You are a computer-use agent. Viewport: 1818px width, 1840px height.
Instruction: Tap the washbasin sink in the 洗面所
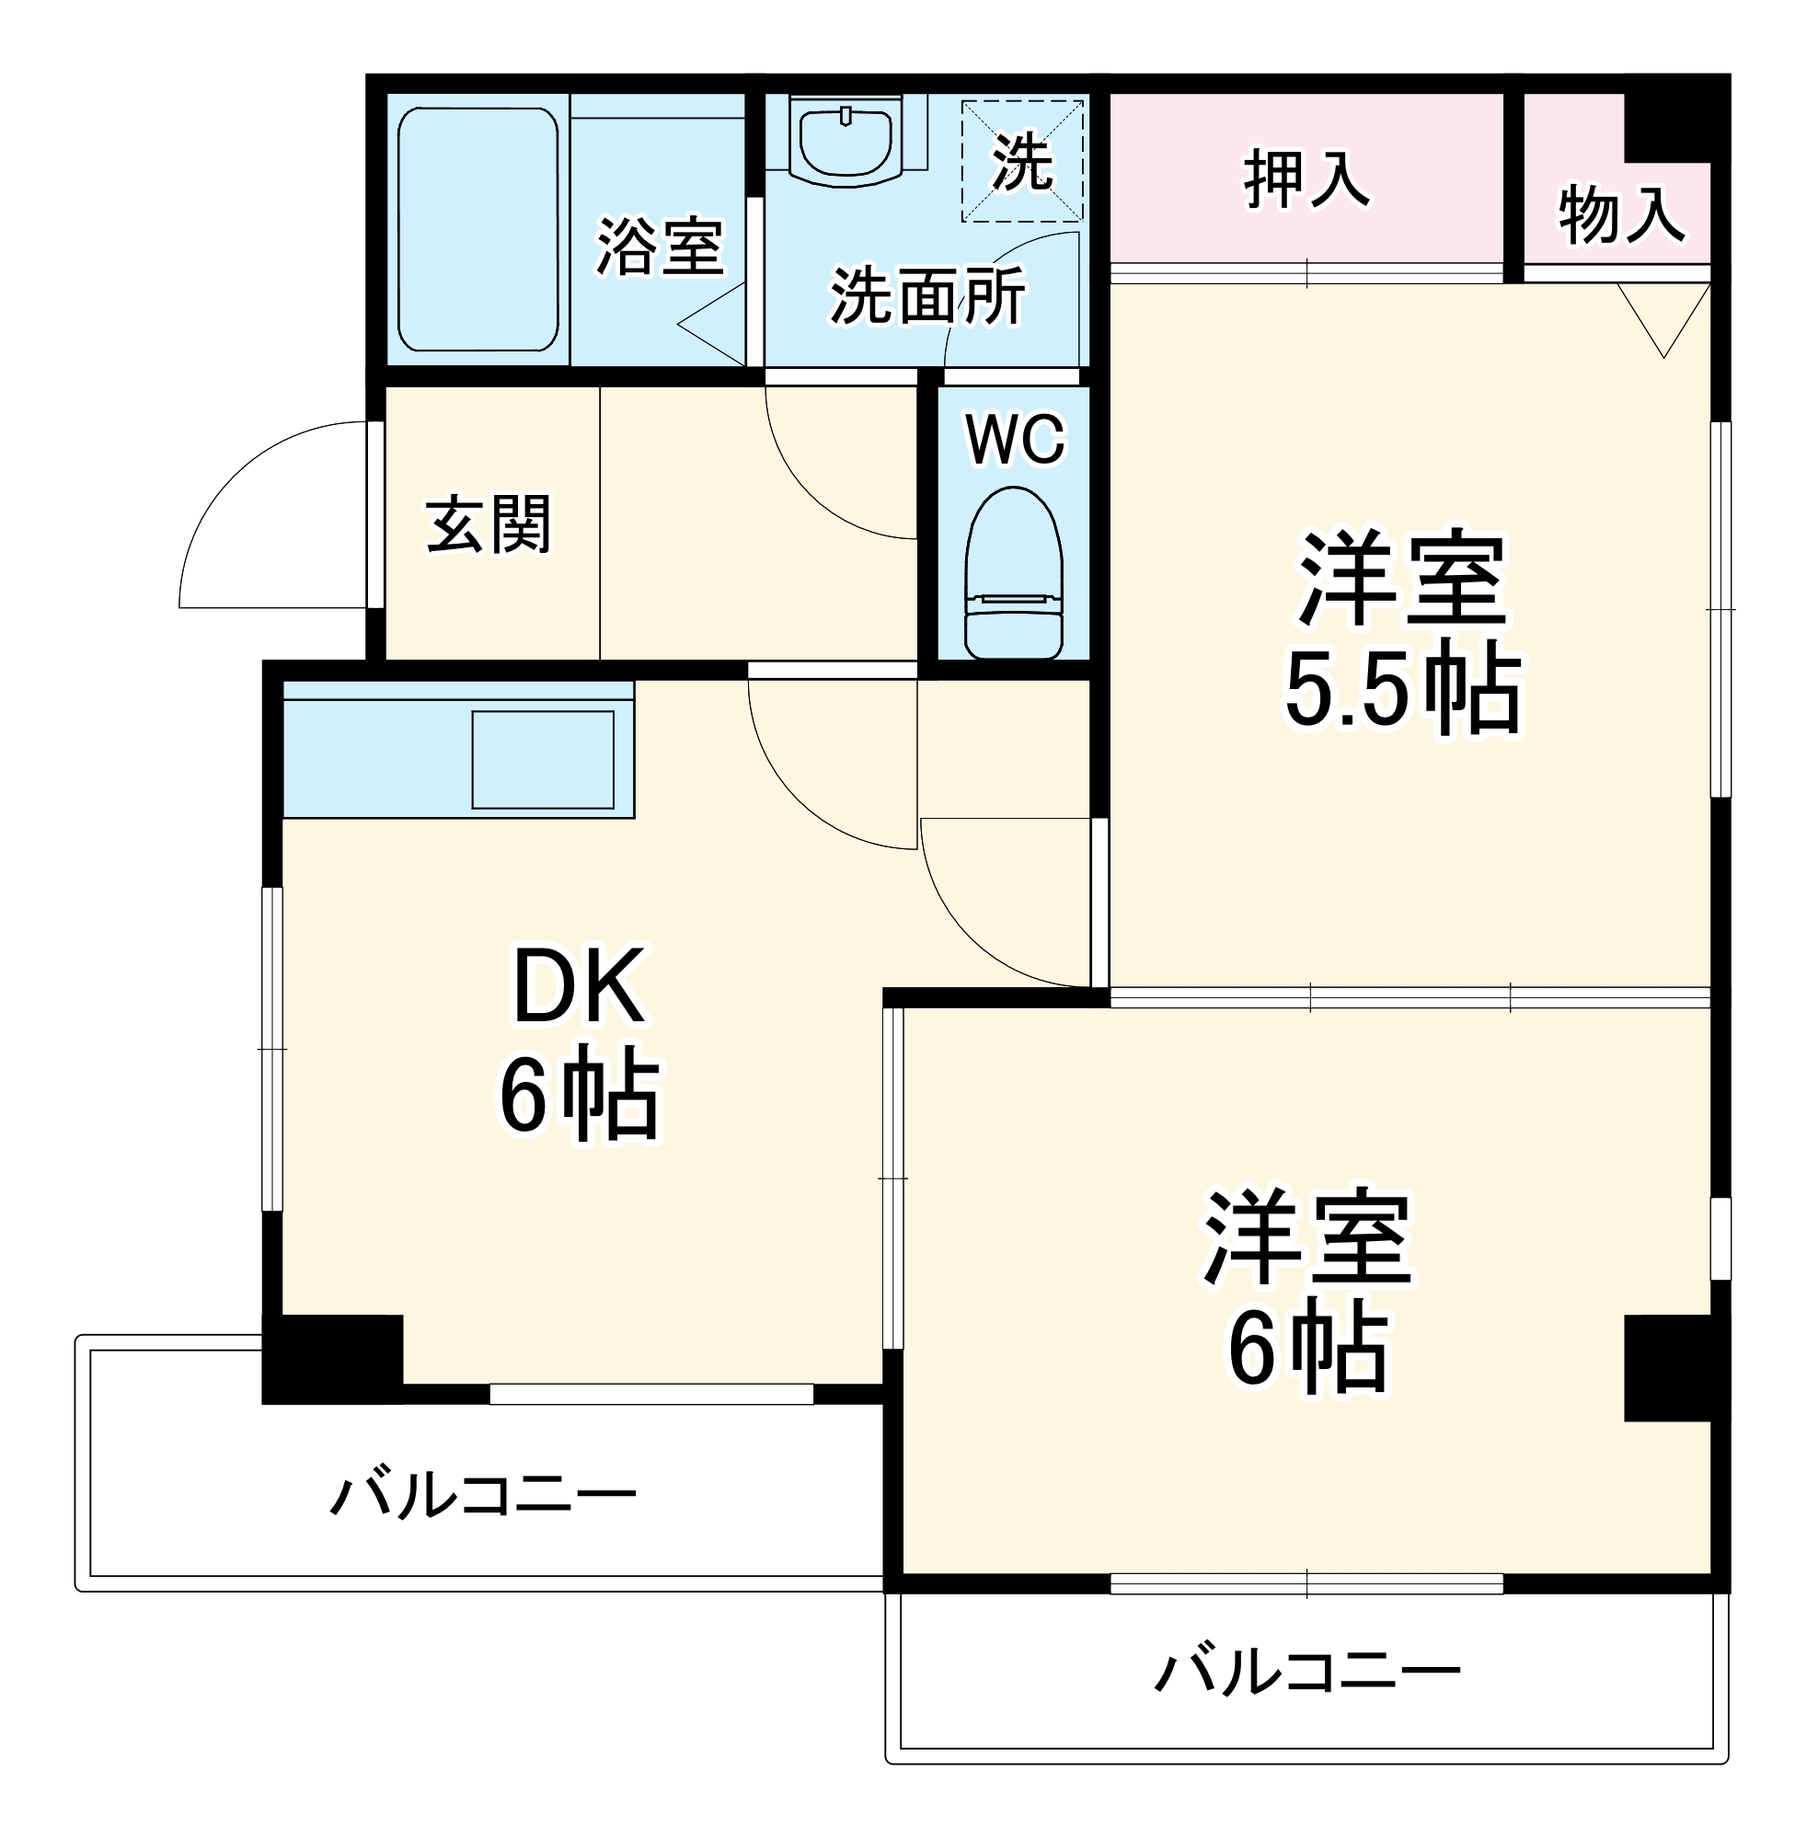pos(845,141)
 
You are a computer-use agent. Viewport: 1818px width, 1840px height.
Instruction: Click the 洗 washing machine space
pos(1022,161)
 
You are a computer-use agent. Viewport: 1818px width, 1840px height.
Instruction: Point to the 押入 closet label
pos(1306,179)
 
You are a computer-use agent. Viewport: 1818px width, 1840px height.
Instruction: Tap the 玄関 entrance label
pos(488,523)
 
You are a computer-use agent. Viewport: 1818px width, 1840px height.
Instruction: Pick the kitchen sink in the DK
pos(542,759)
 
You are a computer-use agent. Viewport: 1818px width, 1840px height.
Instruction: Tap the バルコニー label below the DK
pos(483,1495)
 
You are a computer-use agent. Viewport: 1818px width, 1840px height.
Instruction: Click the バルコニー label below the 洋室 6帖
pos(1306,1671)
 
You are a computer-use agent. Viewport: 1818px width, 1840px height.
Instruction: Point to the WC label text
pos(1014,439)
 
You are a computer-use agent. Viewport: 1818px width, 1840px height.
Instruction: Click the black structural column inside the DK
pos(332,1356)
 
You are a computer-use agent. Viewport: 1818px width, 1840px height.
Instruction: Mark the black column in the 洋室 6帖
pos(1674,1368)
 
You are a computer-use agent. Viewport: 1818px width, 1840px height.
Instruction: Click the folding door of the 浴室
pos(714,324)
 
